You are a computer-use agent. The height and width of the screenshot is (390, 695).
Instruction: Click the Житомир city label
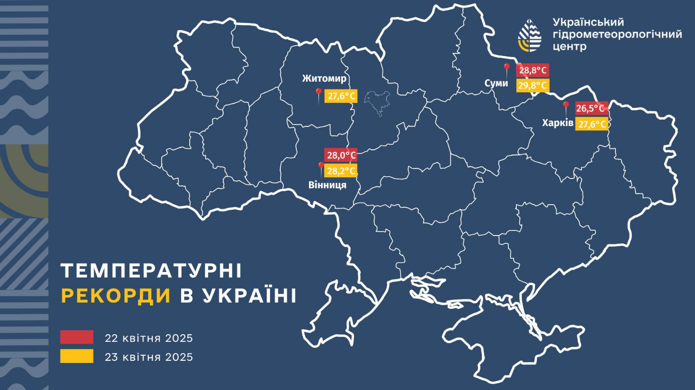pos(324,78)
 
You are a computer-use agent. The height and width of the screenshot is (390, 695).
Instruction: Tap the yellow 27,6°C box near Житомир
pos(341,96)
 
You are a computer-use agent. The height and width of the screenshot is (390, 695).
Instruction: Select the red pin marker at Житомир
pos(319,93)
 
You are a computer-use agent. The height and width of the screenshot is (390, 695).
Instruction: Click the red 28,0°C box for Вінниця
pos(341,155)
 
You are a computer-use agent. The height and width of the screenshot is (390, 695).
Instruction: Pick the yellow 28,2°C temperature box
pos(341,171)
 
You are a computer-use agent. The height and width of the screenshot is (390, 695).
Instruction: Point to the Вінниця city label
pos(327,185)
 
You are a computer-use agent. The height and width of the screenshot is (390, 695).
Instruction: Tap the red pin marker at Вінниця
pos(321,166)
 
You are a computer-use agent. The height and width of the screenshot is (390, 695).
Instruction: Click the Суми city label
pos(496,83)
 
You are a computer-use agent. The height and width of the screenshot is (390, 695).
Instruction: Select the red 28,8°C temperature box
pos(532,70)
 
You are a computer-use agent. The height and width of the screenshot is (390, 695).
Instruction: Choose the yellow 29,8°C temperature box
pos(532,85)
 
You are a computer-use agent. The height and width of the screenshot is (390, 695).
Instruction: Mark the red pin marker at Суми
pos(507,68)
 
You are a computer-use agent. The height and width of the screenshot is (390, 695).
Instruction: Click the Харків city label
pos(557,123)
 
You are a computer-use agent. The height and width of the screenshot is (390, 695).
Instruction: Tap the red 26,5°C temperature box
pos(591,108)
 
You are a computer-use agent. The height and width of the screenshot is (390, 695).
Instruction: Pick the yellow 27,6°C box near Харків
pos(591,124)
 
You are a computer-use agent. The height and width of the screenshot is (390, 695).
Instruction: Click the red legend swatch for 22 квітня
pos(77,337)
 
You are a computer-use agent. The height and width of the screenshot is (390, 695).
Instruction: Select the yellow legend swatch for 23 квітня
pos(77,356)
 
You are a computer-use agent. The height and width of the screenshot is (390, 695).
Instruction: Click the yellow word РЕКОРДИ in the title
pos(116,296)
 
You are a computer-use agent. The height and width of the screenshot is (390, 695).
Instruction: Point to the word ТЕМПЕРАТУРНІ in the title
pos(151,271)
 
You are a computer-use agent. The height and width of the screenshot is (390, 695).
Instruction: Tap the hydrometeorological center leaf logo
pos(530,36)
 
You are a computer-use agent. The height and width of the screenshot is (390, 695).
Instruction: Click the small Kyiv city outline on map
pos(377,102)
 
